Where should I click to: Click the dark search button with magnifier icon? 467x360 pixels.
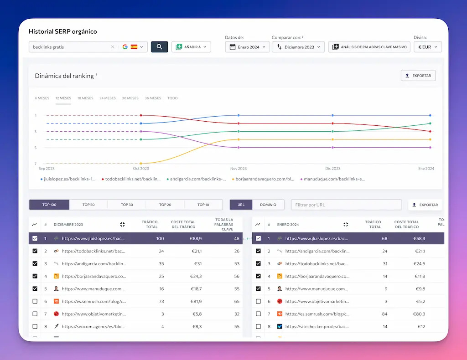159,47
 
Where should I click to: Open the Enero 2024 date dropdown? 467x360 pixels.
248,47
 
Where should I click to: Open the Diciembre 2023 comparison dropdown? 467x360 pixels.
298,47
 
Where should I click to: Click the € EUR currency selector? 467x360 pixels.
427,47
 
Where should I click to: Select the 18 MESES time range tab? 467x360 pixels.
85,98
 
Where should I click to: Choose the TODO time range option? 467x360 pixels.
172,98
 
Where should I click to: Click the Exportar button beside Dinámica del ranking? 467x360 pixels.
418,76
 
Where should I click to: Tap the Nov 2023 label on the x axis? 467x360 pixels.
239,169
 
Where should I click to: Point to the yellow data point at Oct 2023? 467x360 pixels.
141,163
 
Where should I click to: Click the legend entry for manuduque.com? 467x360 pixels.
334,179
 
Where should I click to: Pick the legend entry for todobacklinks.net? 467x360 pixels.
133,179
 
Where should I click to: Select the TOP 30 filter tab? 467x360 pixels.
127,205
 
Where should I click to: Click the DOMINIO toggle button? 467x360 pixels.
268,205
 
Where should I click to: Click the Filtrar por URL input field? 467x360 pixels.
346,205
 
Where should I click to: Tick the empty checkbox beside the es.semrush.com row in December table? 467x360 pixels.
35,301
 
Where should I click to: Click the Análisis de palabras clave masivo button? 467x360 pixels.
369,47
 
